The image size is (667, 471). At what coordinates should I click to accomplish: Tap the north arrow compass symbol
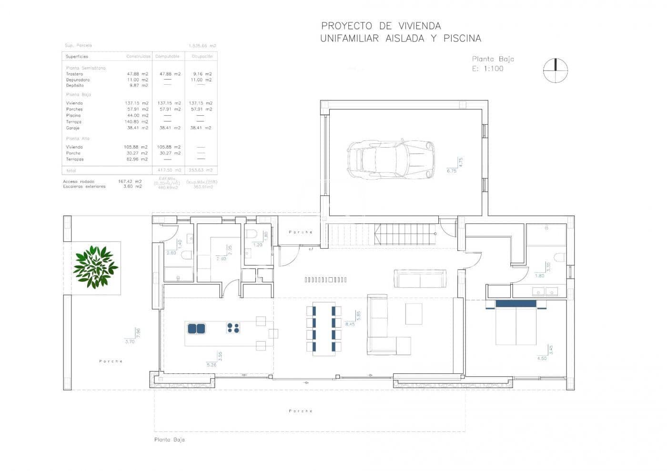pos(556,70)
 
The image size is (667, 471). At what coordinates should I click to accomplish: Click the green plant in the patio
pos(95,267)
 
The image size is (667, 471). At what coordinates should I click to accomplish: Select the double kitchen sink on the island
pos(196,328)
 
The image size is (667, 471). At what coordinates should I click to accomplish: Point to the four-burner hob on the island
pos(233,328)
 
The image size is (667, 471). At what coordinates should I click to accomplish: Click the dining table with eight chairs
pos(324,328)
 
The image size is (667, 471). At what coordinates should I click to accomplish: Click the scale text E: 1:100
pos(487,69)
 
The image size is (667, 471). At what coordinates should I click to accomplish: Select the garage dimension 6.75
pos(451,170)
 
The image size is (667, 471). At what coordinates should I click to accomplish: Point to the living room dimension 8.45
pos(350,324)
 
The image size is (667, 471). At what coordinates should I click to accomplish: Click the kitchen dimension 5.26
pos(211,365)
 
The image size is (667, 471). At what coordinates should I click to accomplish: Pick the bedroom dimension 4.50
pos(542,359)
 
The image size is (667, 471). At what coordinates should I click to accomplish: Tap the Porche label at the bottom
pos(301,411)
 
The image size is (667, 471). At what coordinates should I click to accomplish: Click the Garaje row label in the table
pos(73,128)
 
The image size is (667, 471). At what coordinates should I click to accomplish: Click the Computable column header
pos(167,56)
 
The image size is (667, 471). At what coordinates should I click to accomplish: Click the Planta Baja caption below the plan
pos(169,440)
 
